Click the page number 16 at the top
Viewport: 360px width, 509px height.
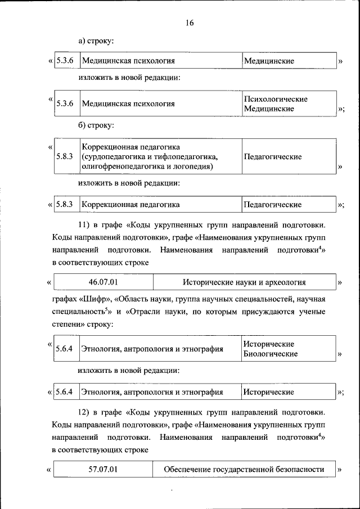(189, 22)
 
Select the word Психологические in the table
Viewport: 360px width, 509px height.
(275, 99)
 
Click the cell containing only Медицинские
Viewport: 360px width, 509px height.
(268, 60)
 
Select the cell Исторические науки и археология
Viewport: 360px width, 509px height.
(244, 281)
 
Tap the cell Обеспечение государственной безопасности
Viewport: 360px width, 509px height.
(244, 469)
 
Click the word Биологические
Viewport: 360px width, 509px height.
(271, 354)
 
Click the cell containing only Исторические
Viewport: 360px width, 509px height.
(268, 392)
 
